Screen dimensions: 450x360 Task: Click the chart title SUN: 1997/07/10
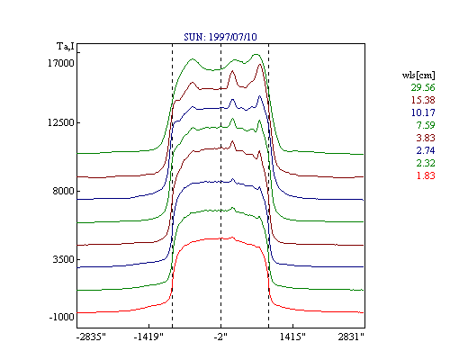pyautogui.click(x=220, y=37)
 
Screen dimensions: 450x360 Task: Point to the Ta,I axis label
pyautogui.click(x=66, y=47)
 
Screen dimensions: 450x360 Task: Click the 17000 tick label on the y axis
pyautogui.click(x=61, y=63)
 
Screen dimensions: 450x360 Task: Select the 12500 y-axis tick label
pyautogui.click(x=61, y=122)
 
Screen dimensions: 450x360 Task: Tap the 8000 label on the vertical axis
pyautogui.click(x=63, y=191)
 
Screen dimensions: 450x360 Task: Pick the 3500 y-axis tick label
pyautogui.click(x=63, y=259)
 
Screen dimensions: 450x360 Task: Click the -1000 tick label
pyautogui.click(x=61, y=317)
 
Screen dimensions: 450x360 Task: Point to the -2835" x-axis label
pyautogui.click(x=91, y=337)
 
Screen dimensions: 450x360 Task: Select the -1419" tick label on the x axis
pyautogui.click(x=148, y=337)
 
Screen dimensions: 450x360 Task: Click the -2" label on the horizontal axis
pyautogui.click(x=220, y=337)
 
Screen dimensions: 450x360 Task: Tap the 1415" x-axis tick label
pyautogui.click(x=292, y=337)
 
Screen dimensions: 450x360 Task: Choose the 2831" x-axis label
pyautogui.click(x=351, y=337)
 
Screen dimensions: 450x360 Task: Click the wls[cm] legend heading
pyautogui.click(x=418, y=75)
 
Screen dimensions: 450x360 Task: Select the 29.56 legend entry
pyautogui.click(x=423, y=87)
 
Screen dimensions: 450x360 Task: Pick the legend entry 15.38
pyautogui.click(x=423, y=100)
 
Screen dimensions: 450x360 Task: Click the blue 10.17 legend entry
pyautogui.click(x=423, y=112)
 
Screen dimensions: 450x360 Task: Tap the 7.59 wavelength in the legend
pyautogui.click(x=426, y=125)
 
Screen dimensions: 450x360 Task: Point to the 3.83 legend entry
pyautogui.click(x=426, y=138)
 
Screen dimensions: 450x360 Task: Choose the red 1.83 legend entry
pyautogui.click(x=426, y=175)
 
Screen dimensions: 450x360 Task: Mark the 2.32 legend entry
pyautogui.click(x=426, y=163)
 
